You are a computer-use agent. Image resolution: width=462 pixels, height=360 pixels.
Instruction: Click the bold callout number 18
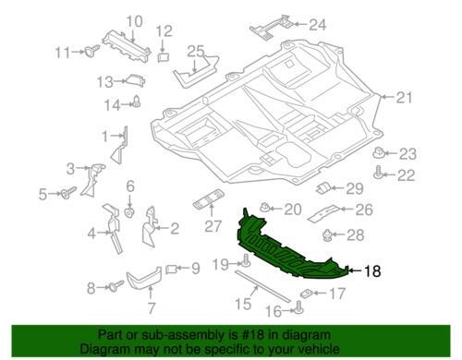click(x=372, y=271)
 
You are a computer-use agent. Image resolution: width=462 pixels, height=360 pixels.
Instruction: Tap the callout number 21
click(x=404, y=98)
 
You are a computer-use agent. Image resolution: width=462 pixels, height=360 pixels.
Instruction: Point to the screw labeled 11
click(x=92, y=51)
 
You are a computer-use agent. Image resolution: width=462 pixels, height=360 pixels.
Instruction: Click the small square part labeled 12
click(x=164, y=57)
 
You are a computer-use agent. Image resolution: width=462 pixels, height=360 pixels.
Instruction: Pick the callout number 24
click(x=317, y=24)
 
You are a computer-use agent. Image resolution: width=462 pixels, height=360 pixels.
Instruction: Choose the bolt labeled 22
click(x=378, y=173)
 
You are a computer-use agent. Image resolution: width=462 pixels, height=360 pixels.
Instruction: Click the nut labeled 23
click(x=379, y=152)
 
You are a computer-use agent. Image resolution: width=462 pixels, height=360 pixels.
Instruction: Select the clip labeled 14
click(x=136, y=102)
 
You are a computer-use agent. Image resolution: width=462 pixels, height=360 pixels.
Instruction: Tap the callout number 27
click(x=213, y=226)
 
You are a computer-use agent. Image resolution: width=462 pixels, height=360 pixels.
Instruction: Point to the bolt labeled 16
click(x=298, y=307)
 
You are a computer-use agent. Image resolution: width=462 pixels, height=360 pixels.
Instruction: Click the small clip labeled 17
click(x=307, y=294)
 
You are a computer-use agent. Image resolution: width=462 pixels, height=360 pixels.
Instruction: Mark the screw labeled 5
click(x=68, y=192)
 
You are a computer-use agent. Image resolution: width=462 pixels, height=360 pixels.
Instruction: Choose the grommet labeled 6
click(x=128, y=212)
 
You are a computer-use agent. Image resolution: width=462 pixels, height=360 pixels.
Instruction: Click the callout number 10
click(x=135, y=21)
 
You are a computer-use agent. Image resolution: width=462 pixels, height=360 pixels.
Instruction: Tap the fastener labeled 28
click(x=327, y=235)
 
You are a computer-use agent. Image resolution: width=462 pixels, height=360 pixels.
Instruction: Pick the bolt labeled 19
click(x=247, y=261)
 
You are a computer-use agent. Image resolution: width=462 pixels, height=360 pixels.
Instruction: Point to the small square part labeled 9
click(x=172, y=270)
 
